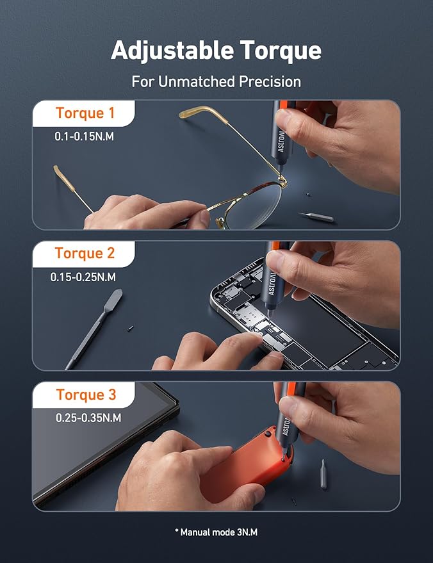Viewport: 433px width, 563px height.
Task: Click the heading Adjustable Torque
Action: click(x=216, y=50)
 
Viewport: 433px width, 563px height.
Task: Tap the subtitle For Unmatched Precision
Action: click(x=216, y=82)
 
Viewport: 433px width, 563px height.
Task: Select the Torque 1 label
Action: click(x=85, y=113)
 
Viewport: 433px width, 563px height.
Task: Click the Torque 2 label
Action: click(x=85, y=253)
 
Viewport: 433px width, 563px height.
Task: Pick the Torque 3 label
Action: click(x=86, y=395)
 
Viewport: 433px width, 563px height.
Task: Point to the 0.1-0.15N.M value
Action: click(x=84, y=136)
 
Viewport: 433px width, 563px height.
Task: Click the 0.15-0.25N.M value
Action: click(x=83, y=277)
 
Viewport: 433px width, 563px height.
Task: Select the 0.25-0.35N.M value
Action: click(x=88, y=418)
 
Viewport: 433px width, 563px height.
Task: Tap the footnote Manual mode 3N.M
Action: click(x=216, y=532)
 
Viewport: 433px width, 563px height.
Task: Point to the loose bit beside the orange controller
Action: click(x=323, y=475)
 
